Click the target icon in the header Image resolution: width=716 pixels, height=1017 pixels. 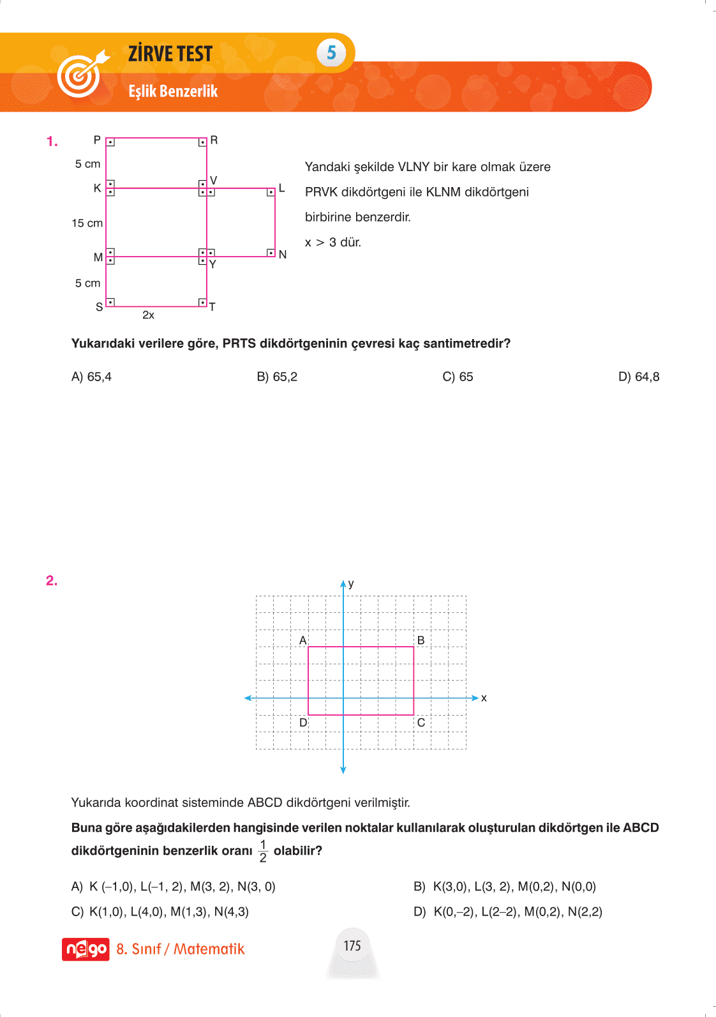[x=80, y=74]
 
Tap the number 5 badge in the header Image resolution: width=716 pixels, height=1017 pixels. [x=331, y=53]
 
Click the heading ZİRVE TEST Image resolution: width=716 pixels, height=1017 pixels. [x=170, y=54]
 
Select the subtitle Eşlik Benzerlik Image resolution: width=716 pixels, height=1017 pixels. [x=173, y=91]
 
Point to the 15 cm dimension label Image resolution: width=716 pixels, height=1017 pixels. [x=87, y=223]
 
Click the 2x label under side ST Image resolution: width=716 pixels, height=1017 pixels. [x=148, y=315]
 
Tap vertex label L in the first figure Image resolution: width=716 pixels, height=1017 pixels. [x=281, y=188]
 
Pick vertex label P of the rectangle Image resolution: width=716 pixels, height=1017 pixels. [x=97, y=140]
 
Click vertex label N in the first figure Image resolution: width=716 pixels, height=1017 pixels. [x=283, y=255]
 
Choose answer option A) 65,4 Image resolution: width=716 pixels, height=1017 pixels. [x=91, y=377]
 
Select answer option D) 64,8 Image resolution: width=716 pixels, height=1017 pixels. [x=638, y=377]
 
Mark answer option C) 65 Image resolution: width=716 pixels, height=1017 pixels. [x=458, y=377]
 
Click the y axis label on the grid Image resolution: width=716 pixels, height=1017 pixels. [x=351, y=584]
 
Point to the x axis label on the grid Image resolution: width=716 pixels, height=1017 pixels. [x=484, y=698]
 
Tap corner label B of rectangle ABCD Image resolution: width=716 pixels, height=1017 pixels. [x=421, y=640]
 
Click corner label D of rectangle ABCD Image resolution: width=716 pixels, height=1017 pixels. [x=303, y=723]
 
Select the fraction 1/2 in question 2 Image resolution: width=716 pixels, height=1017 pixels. [x=263, y=852]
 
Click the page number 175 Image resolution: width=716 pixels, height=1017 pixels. [x=352, y=945]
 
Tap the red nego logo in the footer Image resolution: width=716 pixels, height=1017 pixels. [x=86, y=949]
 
